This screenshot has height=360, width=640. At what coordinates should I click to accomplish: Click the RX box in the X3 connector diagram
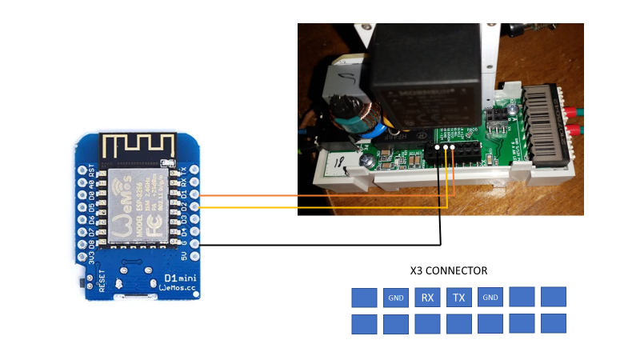pos(427,298)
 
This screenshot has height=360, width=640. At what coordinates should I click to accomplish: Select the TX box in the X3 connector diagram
pos(459,298)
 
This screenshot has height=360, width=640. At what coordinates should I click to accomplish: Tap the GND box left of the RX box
pos(396,298)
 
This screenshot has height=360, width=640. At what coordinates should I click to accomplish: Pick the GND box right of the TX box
pos(490,298)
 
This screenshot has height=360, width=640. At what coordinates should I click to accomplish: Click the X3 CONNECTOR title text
pos(448,270)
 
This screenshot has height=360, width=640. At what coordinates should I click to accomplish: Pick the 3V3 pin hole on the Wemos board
pos(82,257)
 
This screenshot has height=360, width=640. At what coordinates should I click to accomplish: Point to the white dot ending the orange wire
pos(453,147)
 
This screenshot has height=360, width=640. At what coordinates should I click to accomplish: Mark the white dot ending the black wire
pos(438,147)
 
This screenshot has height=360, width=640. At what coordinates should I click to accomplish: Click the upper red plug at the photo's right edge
pos(573,110)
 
